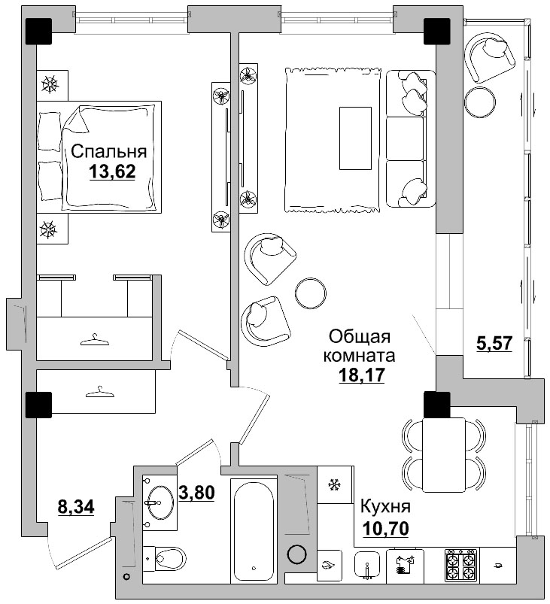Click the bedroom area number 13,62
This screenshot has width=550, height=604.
[112, 171]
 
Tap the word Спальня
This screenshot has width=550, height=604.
[109, 151]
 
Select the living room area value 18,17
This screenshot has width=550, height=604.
[362, 375]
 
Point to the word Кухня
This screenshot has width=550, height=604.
[385, 507]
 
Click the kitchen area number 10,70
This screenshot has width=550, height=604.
[385, 529]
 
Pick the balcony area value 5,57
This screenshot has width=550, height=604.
[494, 343]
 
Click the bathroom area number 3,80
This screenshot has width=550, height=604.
[196, 492]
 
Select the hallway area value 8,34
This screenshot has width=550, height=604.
[76, 506]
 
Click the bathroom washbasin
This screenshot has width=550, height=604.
[160, 502]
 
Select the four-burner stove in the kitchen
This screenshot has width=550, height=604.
[461, 566]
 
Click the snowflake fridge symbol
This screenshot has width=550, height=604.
[333, 485]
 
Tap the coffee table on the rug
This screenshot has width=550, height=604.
[355, 138]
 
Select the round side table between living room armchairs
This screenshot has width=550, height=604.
[311, 293]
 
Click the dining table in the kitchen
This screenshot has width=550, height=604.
[444, 454]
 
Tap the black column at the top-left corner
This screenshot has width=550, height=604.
[38, 31]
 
